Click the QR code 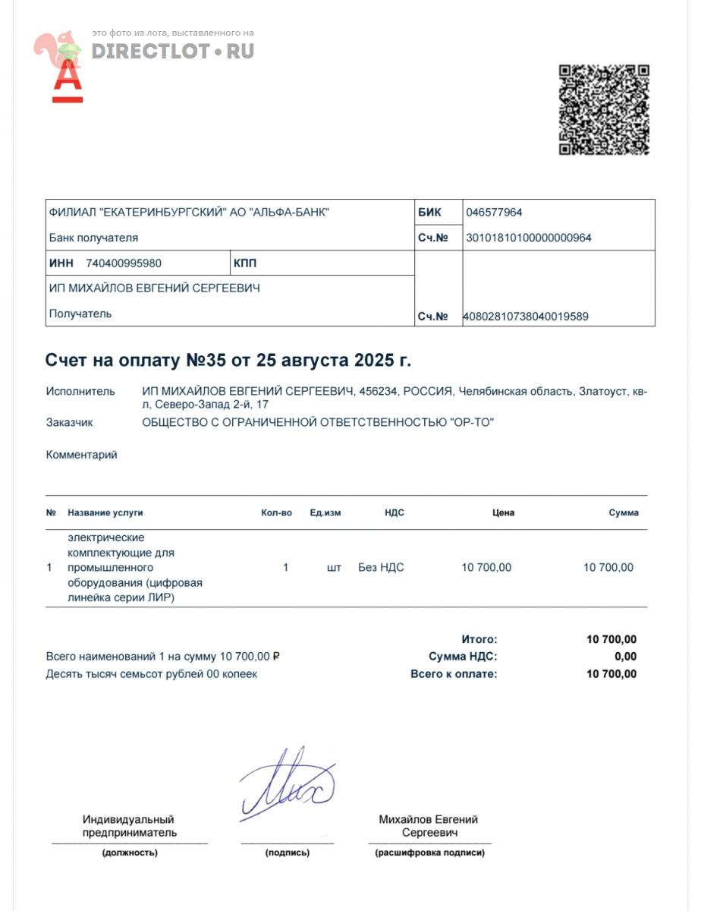tap(604, 110)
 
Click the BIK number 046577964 tap(494, 213)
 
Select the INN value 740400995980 tap(124, 263)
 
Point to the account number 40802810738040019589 tap(527, 317)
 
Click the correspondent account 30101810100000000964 tap(528, 238)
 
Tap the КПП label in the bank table tap(246, 263)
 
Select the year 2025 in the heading tap(371, 361)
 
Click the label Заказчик tap(69, 422)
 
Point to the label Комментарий tap(81, 455)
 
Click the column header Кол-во tap(276, 512)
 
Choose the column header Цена tap(503, 512)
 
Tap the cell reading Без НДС tap(381, 567)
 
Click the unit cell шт tap(334, 567)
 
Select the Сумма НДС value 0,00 tap(625, 657)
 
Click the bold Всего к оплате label tap(454, 673)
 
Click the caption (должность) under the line tap(130, 853)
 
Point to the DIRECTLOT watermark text tap(173, 52)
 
